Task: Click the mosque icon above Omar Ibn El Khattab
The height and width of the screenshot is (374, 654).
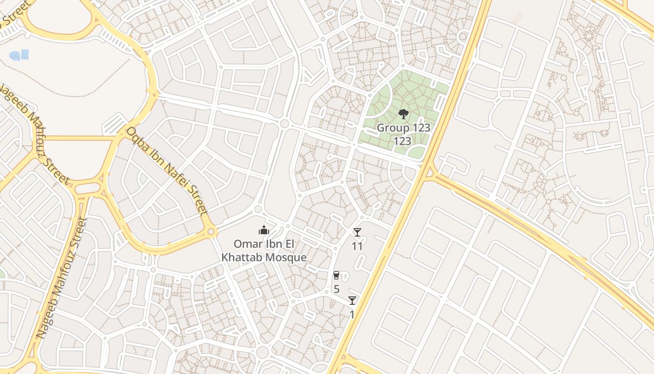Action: pyautogui.click(x=264, y=230)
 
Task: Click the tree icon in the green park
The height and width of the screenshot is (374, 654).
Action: pyautogui.click(x=403, y=114)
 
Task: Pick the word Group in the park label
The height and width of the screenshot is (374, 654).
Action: pyautogui.click(x=391, y=128)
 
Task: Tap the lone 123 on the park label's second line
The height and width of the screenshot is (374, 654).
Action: pyautogui.click(x=402, y=141)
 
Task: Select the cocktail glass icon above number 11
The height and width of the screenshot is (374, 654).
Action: pyautogui.click(x=357, y=232)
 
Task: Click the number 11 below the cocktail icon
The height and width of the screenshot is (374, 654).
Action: pyautogui.click(x=357, y=246)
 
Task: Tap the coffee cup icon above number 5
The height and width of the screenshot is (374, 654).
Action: pyautogui.click(x=336, y=275)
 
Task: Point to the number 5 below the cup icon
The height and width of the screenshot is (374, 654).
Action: pyautogui.click(x=336, y=289)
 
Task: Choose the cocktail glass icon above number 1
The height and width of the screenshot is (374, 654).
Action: pyautogui.click(x=352, y=301)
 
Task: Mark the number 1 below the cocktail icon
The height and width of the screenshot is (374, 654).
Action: pyautogui.click(x=352, y=315)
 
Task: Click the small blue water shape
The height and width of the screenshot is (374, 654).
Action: pyautogui.click(x=19, y=56)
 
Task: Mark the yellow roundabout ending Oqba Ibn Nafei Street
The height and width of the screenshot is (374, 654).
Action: pyautogui.click(x=211, y=231)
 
